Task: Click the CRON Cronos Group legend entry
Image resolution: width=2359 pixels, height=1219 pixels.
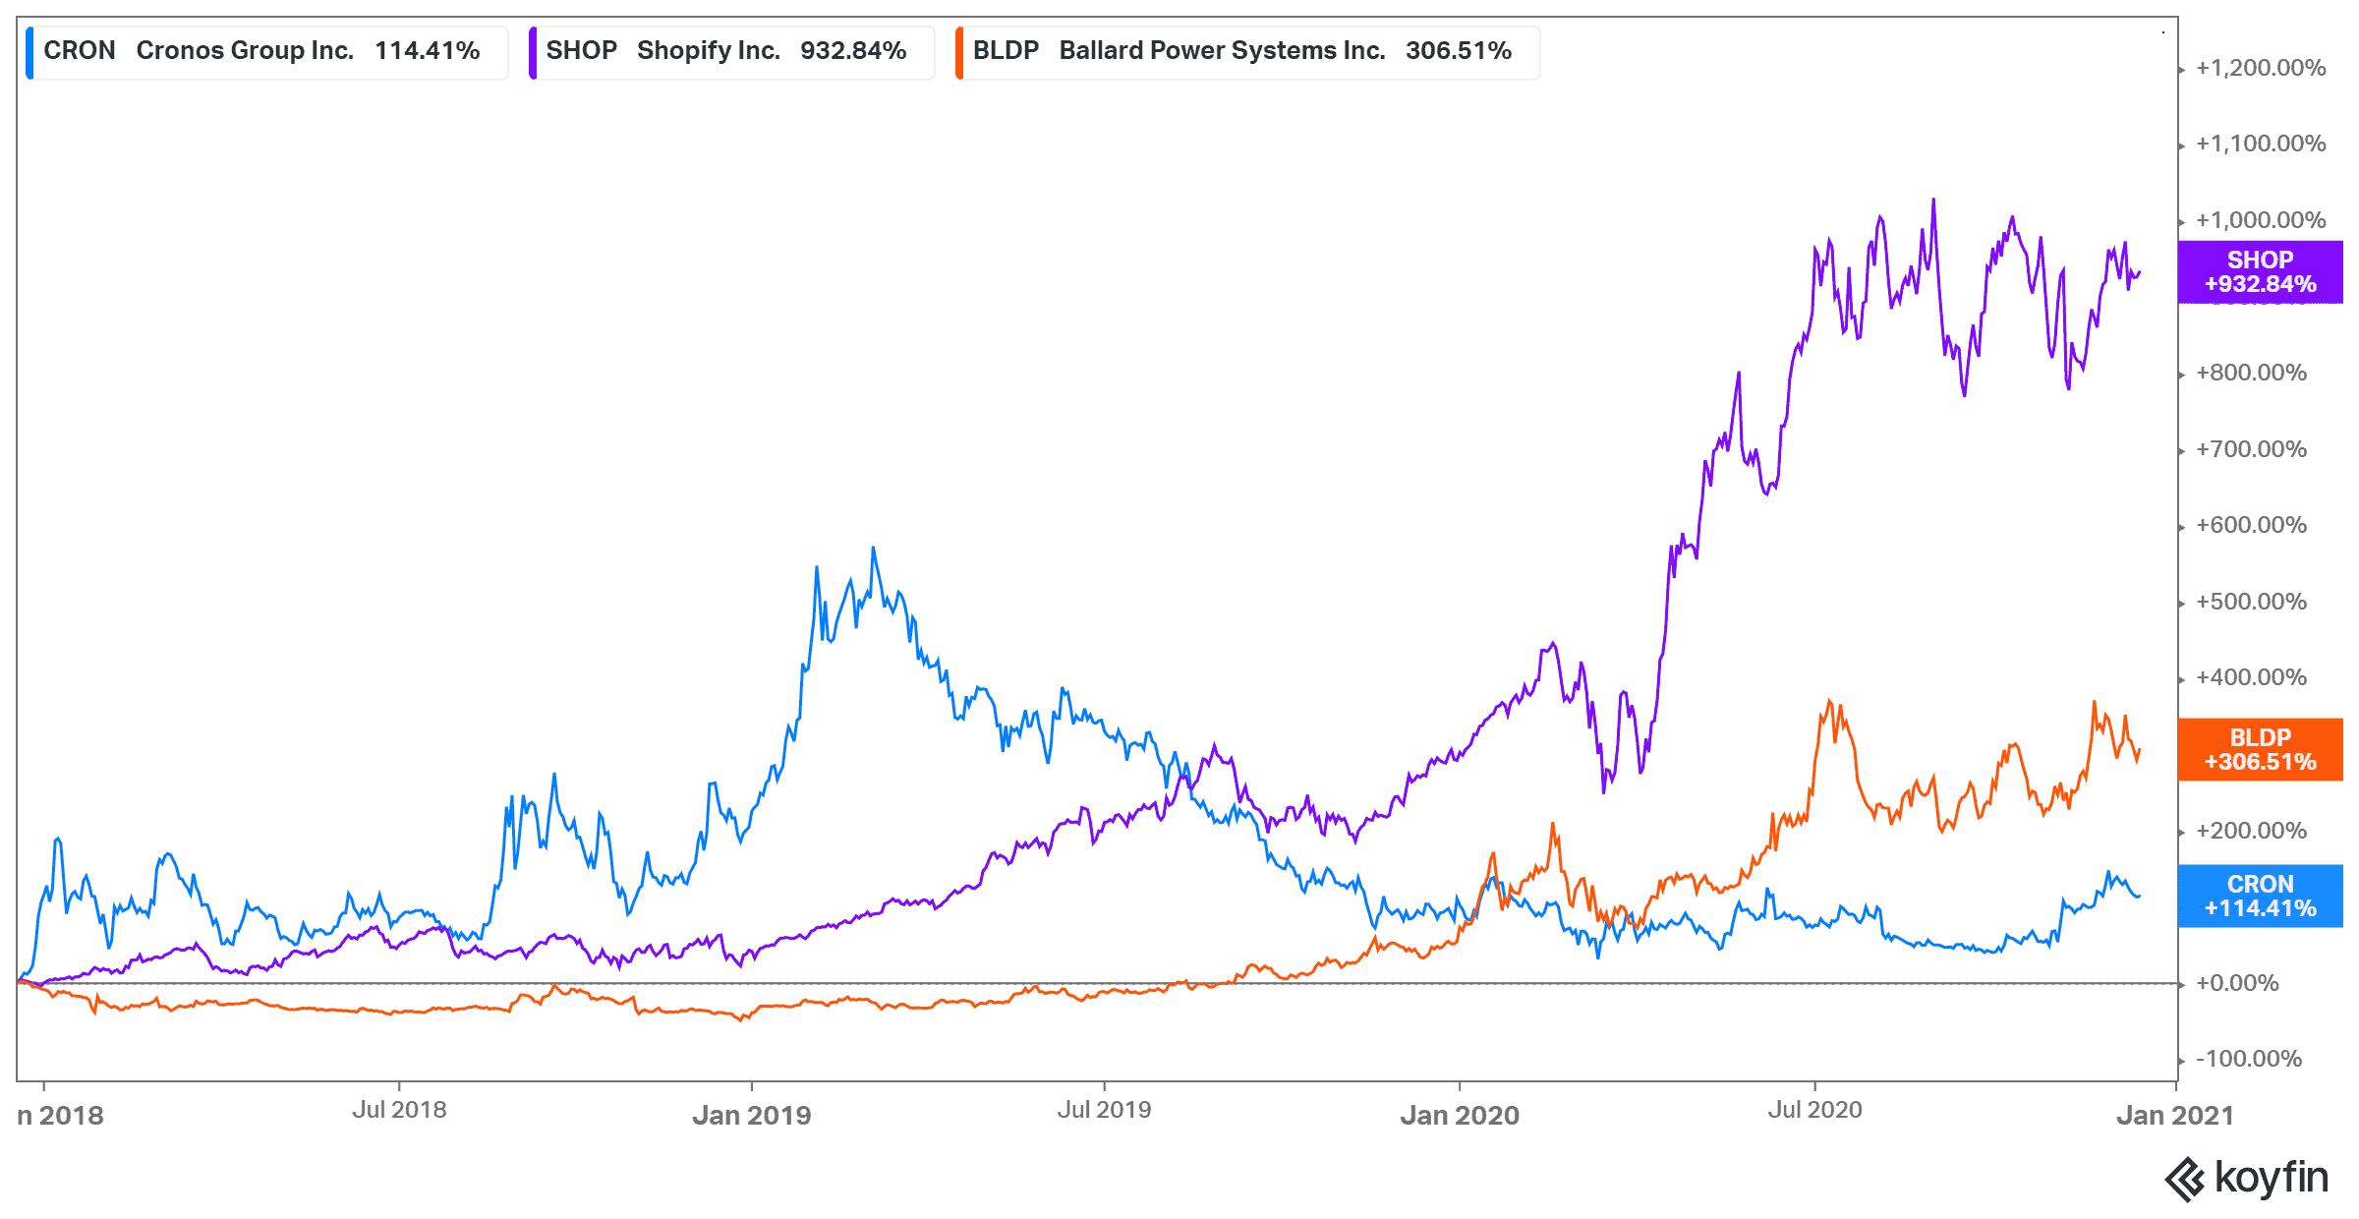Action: coord(262,51)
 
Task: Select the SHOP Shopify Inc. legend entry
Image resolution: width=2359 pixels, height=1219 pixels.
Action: coord(726,51)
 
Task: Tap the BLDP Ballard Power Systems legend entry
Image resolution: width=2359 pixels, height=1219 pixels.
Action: coord(1242,51)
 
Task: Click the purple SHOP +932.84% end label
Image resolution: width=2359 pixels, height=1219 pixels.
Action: coord(2260,272)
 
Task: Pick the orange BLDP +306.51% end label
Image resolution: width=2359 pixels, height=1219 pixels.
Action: coord(2260,750)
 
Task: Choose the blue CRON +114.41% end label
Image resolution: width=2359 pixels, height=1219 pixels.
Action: coord(2260,897)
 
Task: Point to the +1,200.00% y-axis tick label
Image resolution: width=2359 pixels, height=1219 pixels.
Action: coord(2261,68)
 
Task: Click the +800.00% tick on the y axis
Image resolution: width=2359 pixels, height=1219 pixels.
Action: coord(2251,373)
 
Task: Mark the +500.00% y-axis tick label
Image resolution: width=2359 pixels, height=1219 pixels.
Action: coord(2251,602)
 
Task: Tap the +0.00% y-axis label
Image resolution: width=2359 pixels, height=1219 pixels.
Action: coord(2237,983)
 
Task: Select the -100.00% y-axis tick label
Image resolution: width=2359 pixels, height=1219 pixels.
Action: coord(2249,1059)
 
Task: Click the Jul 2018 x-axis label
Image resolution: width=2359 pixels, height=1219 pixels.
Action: coord(399,1110)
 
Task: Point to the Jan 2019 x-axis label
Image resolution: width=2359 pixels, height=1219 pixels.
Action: coord(752,1115)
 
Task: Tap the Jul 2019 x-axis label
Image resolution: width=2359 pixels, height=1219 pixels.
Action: coord(1104,1110)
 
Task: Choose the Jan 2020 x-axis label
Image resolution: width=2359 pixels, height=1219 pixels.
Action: coord(1460,1115)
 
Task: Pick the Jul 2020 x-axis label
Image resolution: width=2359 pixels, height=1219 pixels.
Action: coord(1814,1110)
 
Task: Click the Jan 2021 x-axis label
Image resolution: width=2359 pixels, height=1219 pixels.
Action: coord(2174,1115)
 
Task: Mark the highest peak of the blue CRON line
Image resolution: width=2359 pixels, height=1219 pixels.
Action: coord(873,549)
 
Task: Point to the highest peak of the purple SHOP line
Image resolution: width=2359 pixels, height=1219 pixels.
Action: coord(1933,200)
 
